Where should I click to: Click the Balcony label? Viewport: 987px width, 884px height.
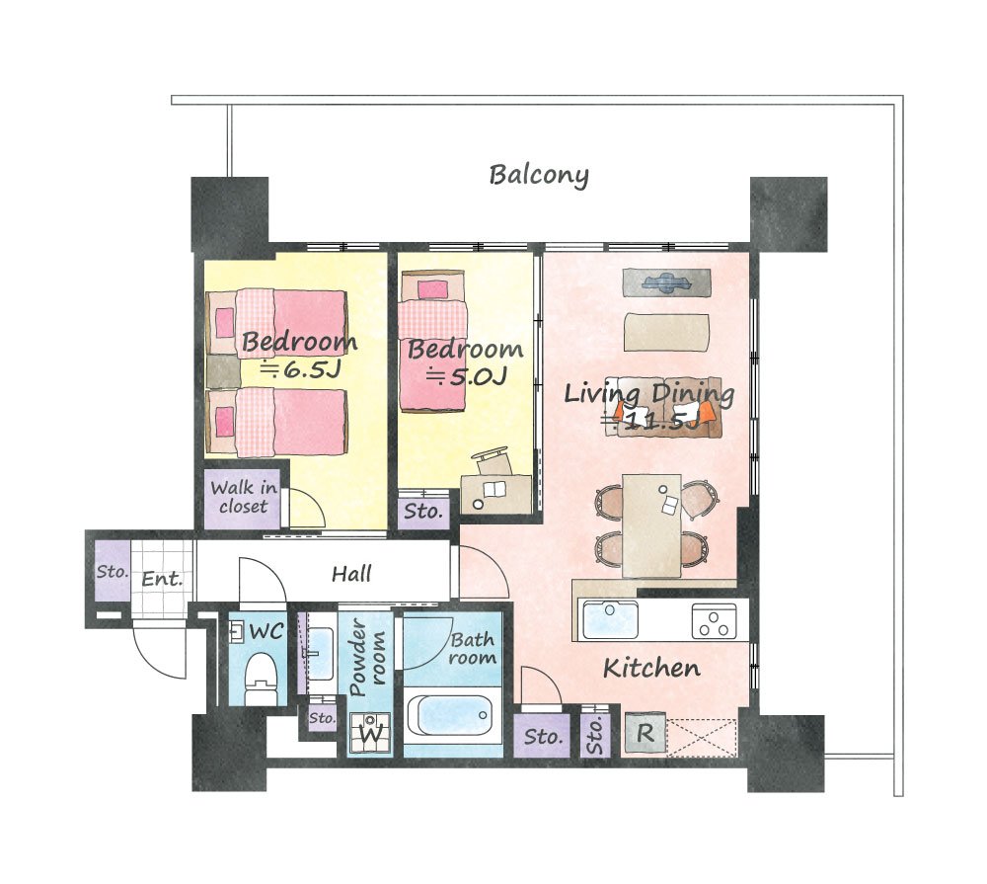(539, 175)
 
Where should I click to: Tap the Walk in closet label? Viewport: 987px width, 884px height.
(243, 497)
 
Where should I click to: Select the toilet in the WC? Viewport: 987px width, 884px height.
(261, 679)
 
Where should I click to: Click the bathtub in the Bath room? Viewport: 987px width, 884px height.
(449, 716)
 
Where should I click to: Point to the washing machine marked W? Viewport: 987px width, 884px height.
(371, 732)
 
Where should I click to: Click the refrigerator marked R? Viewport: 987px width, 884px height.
(645, 732)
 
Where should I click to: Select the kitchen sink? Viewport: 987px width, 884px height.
(611, 620)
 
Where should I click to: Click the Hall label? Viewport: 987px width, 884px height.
(351, 574)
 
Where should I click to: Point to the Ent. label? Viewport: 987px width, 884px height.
(162, 579)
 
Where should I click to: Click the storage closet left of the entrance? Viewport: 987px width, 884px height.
(113, 571)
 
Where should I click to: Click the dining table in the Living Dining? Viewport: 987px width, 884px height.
(651, 525)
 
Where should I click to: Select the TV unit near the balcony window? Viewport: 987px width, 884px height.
(666, 282)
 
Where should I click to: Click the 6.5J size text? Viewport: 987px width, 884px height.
(301, 369)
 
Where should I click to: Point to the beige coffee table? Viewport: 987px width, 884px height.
(666, 332)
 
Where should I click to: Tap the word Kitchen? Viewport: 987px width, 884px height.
(651, 668)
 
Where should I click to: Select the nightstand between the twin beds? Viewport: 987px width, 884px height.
(223, 371)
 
